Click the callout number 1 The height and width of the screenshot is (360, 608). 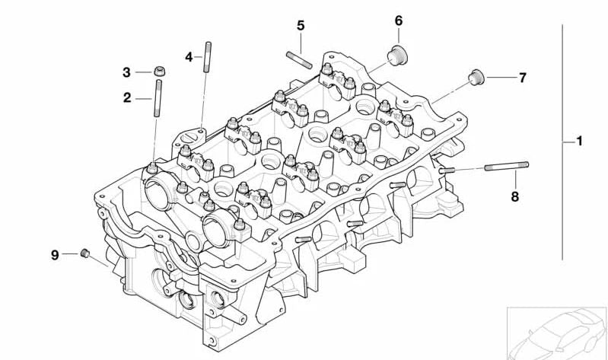click(579, 141)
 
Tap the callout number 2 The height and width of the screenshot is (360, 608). click(127, 97)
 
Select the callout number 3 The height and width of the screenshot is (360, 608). click(126, 72)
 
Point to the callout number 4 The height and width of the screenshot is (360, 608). click(189, 57)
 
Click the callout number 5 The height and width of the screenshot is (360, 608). click(301, 26)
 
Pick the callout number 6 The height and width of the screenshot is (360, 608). click(399, 21)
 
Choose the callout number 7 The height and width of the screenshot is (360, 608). click(523, 78)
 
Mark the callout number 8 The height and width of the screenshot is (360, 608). click(514, 196)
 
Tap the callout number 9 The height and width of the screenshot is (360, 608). click(55, 255)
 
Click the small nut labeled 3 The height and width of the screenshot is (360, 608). click(160, 71)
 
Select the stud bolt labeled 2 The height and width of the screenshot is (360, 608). click(158, 98)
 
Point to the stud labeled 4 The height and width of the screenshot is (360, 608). click(208, 57)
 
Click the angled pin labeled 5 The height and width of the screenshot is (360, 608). click(299, 60)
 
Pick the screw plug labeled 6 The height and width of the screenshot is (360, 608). click(398, 56)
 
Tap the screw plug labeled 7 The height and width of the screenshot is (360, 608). click(476, 77)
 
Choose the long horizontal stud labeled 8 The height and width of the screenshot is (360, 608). click(506, 166)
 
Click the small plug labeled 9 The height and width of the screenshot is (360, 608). click(85, 253)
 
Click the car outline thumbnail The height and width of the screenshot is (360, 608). click(558, 333)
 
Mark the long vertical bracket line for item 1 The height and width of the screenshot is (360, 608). click(562, 142)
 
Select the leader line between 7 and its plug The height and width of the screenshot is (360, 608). click(501, 78)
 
